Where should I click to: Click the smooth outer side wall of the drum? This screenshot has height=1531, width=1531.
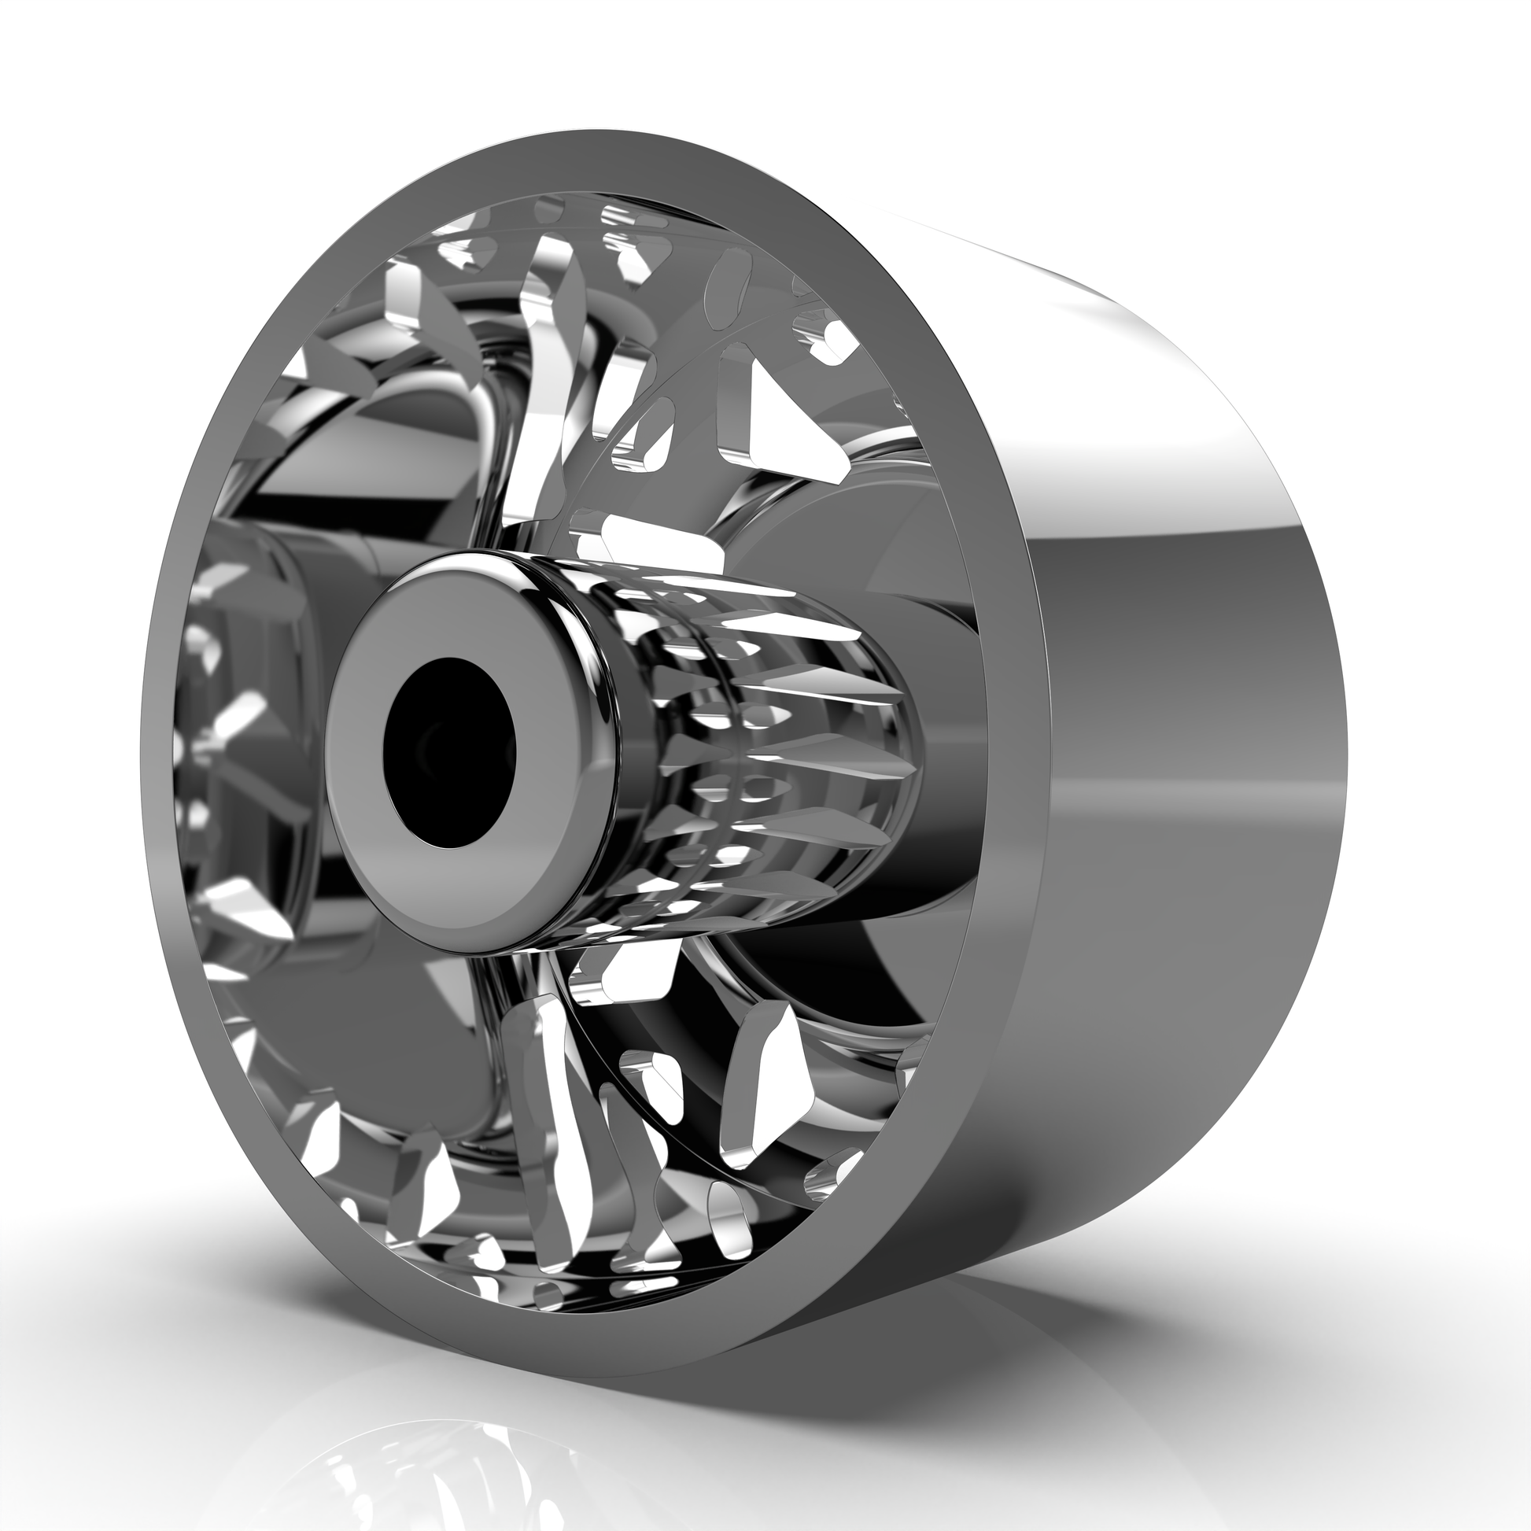pyautogui.click(x=1189, y=792)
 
